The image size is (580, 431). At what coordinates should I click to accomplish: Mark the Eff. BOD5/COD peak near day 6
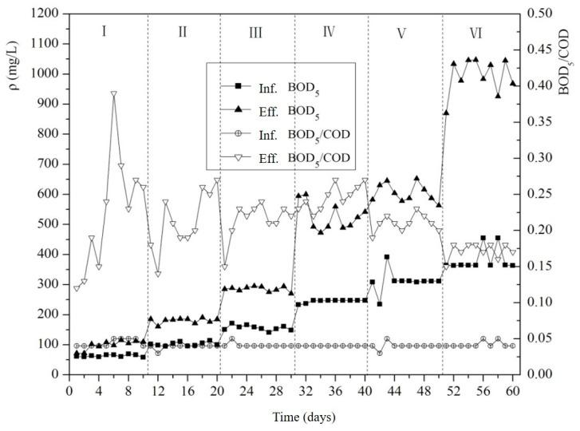(114, 93)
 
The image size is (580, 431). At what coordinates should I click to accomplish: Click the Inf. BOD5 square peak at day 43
(387, 257)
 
